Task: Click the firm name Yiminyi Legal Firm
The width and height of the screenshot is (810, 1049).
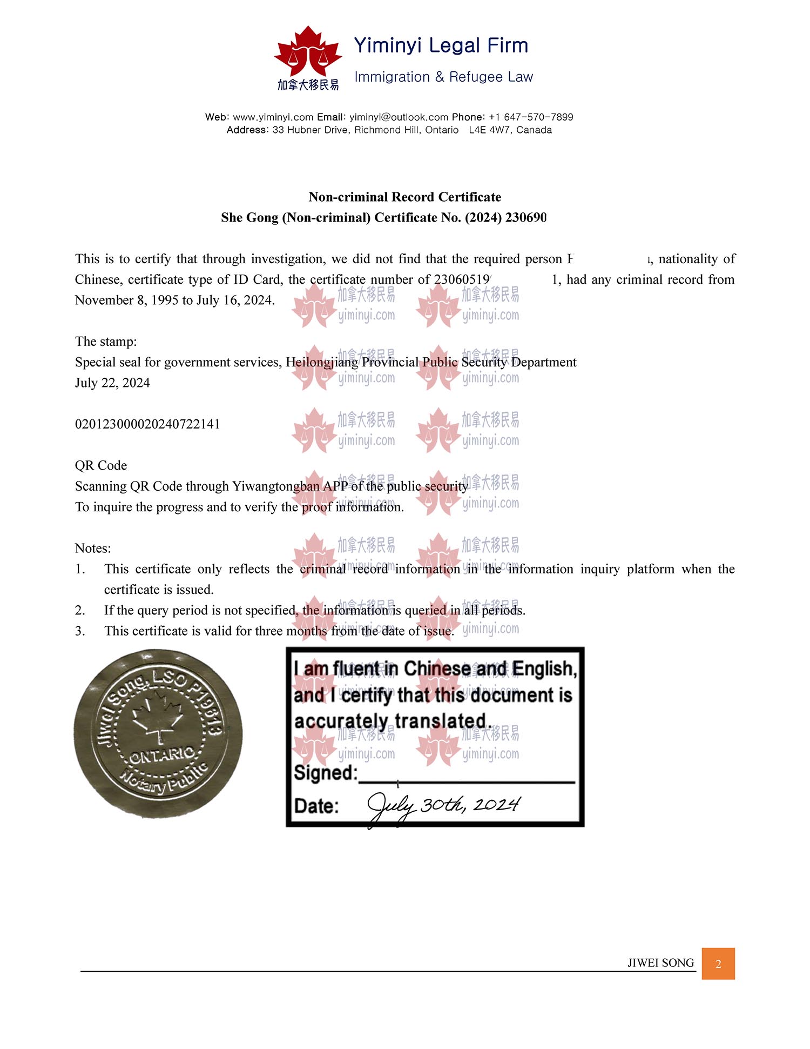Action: click(x=441, y=45)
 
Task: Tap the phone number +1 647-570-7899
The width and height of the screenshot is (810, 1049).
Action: click(x=531, y=117)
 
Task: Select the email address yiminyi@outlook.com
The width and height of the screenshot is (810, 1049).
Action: click(x=399, y=117)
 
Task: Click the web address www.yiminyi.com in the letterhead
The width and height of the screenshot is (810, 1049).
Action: click(x=273, y=117)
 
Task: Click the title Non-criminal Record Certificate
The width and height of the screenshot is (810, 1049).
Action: click(x=404, y=197)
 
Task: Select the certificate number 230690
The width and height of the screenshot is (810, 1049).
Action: click(x=526, y=217)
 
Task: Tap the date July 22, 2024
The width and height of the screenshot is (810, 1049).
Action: click(x=112, y=383)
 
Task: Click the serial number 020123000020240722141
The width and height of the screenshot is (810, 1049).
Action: click(x=147, y=424)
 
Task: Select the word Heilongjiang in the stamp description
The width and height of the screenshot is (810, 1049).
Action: click(x=322, y=362)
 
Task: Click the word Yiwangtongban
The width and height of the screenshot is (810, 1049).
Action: click(x=275, y=486)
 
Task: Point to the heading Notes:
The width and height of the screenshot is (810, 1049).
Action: click(x=93, y=548)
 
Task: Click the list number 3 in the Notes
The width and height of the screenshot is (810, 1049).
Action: click(x=79, y=631)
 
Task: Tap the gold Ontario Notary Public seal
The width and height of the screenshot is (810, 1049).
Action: click(x=158, y=733)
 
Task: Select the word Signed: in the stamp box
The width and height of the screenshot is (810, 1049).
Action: click(x=325, y=773)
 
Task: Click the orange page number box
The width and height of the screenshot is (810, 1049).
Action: click(x=718, y=963)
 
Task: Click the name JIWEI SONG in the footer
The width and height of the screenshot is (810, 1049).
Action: click(x=660, y=963)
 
